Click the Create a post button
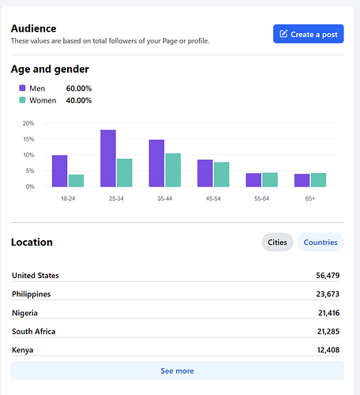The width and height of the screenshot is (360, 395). tap(308, 34)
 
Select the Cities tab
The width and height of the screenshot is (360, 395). tap(277, 242)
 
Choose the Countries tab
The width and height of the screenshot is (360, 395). tap(321, 242)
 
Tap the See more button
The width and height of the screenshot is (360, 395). tap(177, 371)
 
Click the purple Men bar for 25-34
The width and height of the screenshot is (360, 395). tap(108, 158)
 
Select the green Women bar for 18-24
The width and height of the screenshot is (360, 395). tap(76, 181)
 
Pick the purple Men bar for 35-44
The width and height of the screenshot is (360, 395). tap(156, 164)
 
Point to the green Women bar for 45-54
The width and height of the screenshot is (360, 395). tap(222, 175)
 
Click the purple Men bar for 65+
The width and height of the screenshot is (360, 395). tap(302, 180)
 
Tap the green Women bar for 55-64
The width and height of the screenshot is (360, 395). tap(270, 180)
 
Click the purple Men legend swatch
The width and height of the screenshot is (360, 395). tap(22, 88)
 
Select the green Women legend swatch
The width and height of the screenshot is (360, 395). tap(22, 100)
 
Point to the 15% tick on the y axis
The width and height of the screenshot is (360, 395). tap(28, 139)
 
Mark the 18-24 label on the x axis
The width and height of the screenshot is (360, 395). tap(68, 198)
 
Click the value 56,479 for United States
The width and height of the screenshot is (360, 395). tap(328, 276)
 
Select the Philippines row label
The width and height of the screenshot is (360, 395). tap(32, 294)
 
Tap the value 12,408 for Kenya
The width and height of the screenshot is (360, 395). tap(328, 350)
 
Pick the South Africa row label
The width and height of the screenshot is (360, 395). tap(34, 331)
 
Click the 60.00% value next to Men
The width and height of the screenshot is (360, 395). tap(79, 88)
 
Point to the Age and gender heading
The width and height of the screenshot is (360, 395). tap(50, 70)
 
